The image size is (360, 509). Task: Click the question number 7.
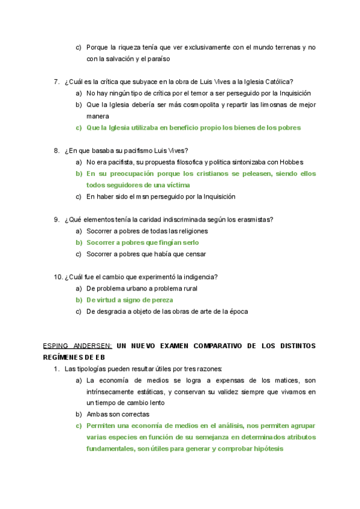[x=56, y=82]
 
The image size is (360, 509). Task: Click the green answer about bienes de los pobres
[x=193, y=128]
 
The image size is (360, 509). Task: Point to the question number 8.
[x=56, y=151]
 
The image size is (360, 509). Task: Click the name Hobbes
[x=291, y=162]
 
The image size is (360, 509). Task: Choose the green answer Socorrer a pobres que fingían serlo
[x=142, y=242]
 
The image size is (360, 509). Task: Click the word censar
[x=196, y=254]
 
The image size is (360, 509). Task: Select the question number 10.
[x=58, y=277]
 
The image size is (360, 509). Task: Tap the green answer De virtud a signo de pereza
[x=130, y=300]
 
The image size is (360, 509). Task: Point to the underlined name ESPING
[x=57, y=346]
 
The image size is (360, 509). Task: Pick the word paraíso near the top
[x=158, y=59]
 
